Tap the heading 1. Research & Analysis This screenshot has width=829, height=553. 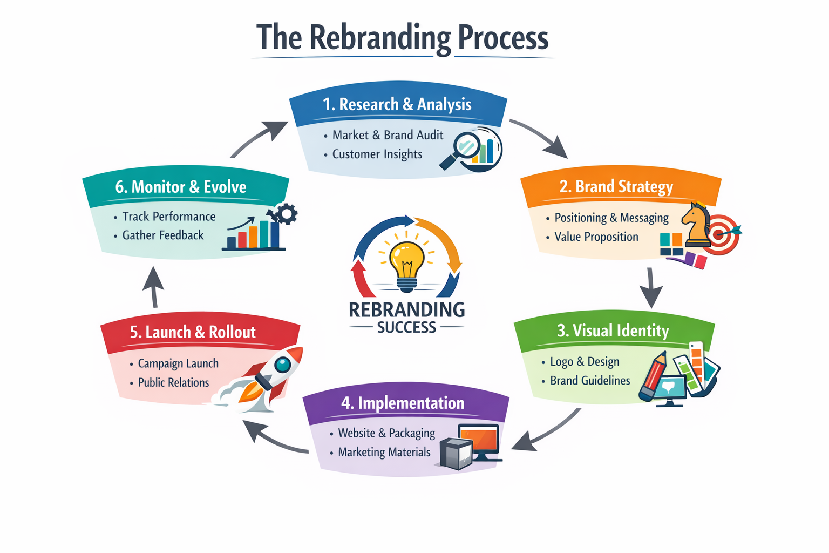click(397, 104)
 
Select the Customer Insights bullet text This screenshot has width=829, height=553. click(377, 154)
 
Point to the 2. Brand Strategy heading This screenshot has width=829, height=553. click(616, 187)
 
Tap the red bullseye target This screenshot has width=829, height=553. click(722, 234)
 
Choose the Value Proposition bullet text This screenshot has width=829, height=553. click(596, 237)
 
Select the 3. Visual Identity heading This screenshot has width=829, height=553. click(613, 331)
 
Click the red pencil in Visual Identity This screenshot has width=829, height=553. click(653, 376)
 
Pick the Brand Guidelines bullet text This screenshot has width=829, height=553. click(590, 381)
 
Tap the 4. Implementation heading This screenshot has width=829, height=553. click(403, 403)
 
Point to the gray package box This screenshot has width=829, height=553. click(456, 453)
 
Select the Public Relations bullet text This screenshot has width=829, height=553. click(173, 383)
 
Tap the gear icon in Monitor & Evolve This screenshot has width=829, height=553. click(286, 213)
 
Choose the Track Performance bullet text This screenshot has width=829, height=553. click(169, 217)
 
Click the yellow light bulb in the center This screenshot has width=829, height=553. click(407, 260)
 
